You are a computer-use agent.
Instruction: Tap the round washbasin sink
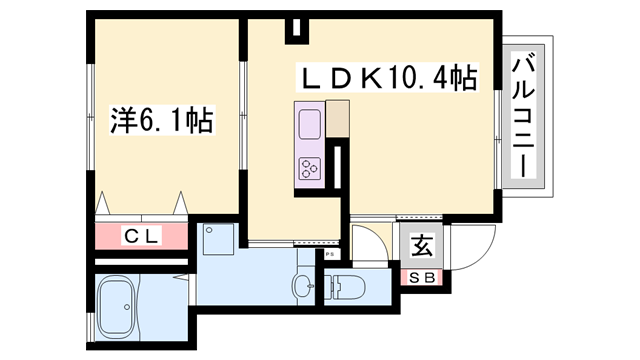(302, 285)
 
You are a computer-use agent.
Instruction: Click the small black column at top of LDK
(295, 30)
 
